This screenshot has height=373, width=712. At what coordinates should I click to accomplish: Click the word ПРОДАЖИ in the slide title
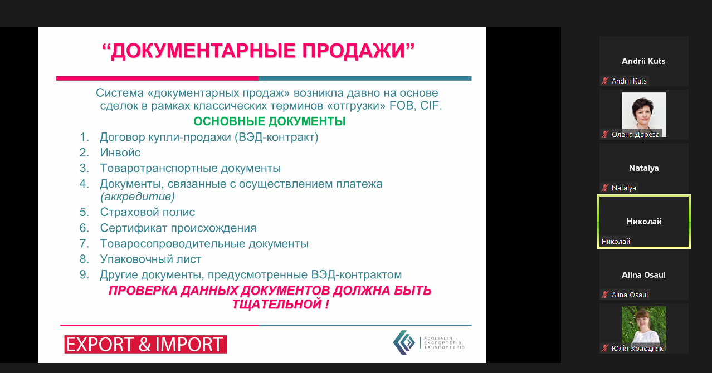(353, 51)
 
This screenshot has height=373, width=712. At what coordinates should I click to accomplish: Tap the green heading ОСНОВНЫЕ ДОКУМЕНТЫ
(270, 121)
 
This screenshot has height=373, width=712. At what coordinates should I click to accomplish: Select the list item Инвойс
(120, 153)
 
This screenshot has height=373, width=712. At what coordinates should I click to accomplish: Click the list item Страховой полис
(148, 212)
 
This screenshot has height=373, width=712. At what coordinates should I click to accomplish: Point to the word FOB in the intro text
(402, 105)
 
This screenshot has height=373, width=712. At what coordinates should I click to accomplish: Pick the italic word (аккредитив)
(138, 197)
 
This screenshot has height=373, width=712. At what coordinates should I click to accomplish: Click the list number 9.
(84, 275)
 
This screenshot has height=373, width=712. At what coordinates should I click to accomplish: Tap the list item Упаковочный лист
(150, 259)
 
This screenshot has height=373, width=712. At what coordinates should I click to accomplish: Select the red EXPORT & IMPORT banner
(145, 344)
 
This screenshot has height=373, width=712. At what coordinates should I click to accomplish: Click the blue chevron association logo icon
(404, 342)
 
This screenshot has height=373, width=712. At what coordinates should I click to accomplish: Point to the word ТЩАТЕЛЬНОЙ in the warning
(276, 304)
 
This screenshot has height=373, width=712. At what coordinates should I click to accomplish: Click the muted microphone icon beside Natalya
(605, 188)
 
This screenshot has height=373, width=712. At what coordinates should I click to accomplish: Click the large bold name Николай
(644, 222)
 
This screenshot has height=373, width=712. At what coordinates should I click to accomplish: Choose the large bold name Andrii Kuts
(643, 61)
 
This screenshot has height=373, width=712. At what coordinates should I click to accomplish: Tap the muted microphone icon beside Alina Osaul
(605, 295)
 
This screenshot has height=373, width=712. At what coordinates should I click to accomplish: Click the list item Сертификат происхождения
(178, 228)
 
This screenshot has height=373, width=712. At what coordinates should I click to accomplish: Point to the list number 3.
(84, 168)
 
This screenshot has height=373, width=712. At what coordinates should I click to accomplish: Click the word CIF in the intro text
(431, 105)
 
